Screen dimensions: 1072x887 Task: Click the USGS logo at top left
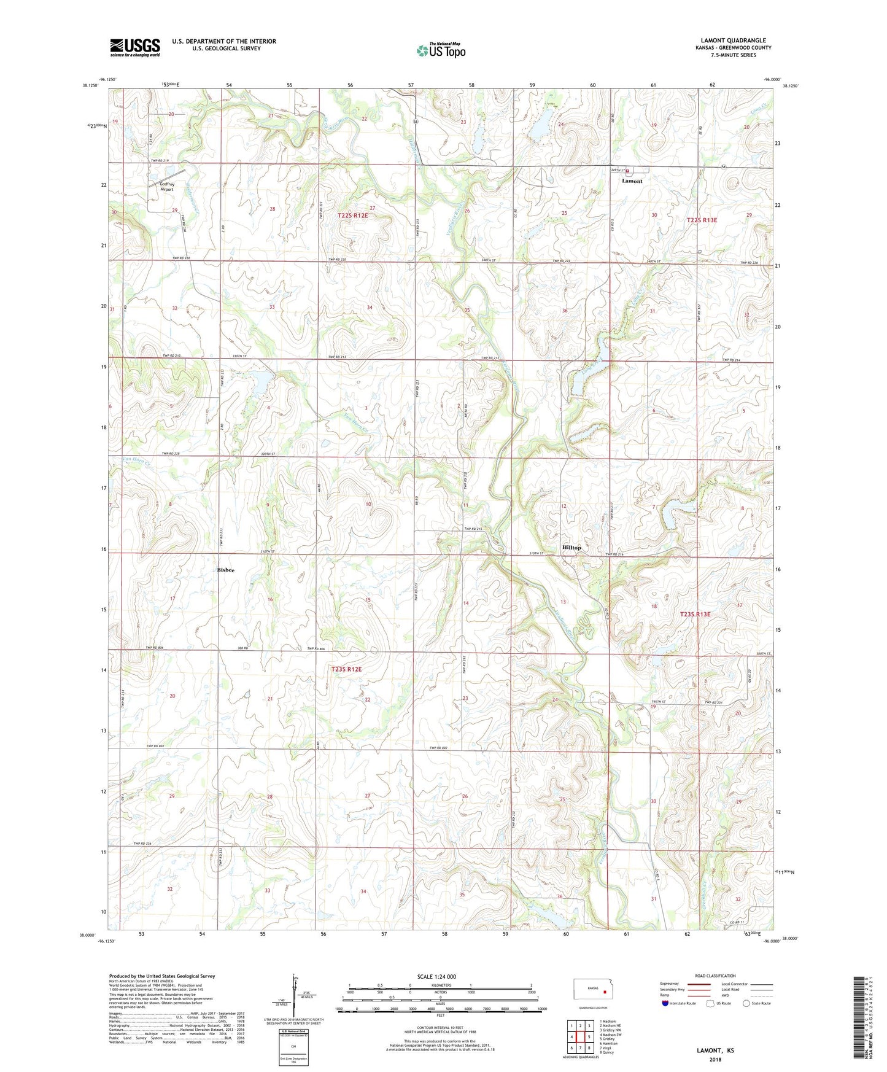click(x=135, y=47)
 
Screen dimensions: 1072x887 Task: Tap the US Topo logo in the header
click(x=440, y=50)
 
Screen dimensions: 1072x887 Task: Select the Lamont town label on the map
click(x=632, y=181)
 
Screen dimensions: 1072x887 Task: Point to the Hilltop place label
click(x=571, y=548)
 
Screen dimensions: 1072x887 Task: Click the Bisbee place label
click(x=225, y=570)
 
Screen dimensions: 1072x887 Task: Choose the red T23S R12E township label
click(x=346, y=669)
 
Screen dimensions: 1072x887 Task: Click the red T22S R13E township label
click(x=702, y=220)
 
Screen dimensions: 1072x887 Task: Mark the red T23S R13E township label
click(x=695, y=614)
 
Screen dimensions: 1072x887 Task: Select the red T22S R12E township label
click(x=353, y=216)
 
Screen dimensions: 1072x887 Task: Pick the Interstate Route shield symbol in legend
click(x=666, y=1004)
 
